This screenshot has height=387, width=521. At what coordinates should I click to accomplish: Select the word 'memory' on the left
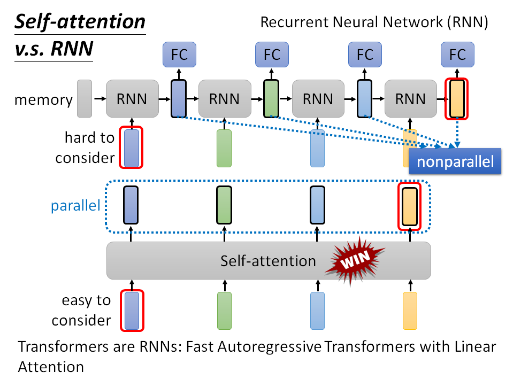pos(43,99)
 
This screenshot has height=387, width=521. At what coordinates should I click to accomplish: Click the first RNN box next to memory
pos(132,99)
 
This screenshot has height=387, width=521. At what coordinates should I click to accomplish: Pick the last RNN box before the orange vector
pos(411,99)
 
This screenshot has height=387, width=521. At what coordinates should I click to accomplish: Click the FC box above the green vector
pos(272,55)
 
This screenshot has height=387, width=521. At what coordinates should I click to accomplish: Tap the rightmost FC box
pos(457,55)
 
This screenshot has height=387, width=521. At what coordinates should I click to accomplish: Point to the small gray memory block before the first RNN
pos(85,99)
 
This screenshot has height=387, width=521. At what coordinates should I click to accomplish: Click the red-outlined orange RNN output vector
pos(457,99)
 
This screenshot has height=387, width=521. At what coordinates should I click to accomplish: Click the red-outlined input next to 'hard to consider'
pos(131,147)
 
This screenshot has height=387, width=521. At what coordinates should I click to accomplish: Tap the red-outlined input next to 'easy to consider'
pos(131,310)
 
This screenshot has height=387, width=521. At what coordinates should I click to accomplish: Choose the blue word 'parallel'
pos(75,206)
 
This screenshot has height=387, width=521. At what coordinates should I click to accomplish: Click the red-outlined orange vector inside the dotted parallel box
pos(410,205)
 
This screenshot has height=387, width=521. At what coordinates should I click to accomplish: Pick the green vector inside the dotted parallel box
pos(224,205)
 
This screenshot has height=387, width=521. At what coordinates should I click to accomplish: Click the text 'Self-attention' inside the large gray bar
pos(268,261)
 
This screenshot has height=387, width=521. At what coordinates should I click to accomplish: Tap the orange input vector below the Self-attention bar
pos(410,310)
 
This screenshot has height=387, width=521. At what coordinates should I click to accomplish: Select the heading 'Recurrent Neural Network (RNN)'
pos(375,22)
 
